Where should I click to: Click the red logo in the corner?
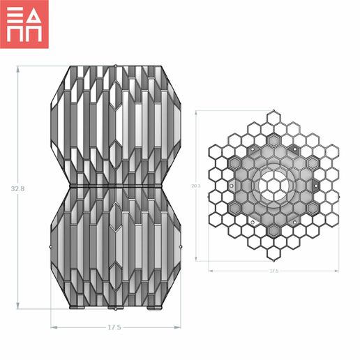tap(24, 24)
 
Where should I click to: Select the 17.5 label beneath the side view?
tap(115, 327)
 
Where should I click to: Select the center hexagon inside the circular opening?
tap(273, 186)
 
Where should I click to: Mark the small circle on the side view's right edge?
tap(181, 246)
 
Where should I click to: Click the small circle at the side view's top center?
tap(115, 66)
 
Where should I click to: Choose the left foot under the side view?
tap(77, 308)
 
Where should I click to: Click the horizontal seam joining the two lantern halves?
tap(115, 187)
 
